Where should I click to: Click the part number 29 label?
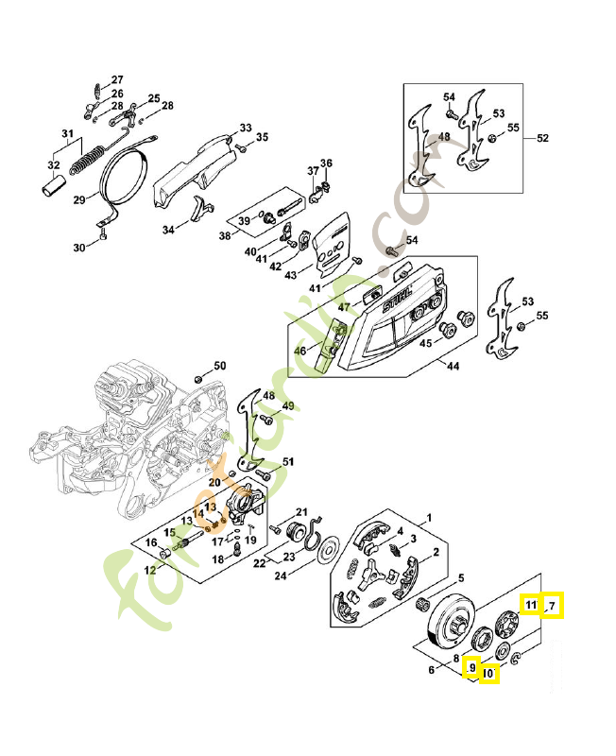tap(79, 199)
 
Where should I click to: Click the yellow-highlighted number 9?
tap(471, 668)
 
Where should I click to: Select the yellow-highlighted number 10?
tap(488, 674)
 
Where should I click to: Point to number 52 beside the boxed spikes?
tap(542, 138)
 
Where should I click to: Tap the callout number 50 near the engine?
tap(219, 366)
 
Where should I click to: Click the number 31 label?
tap(67, 132)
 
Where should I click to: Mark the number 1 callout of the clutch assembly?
tap(428, 518)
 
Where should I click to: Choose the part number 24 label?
tap(281, 575)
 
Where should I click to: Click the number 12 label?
tap(149, 569)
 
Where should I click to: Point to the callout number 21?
tap(302, 511)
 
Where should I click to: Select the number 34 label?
tap(168, 229)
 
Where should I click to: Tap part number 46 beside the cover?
tap(300, 351)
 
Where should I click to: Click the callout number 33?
tap(245, 128)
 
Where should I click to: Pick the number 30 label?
tap(79, 248)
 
